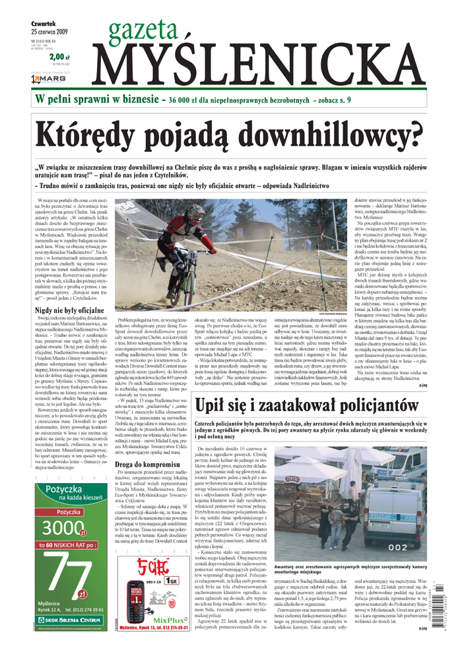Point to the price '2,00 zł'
[59, 57]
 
